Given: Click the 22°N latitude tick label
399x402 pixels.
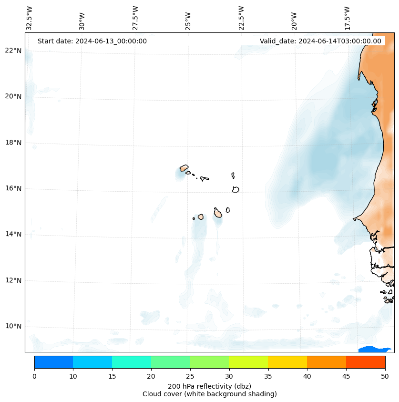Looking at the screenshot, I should (13, 51).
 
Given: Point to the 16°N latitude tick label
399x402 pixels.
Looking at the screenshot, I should (13, 188).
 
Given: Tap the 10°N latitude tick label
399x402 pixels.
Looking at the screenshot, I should (13, 326).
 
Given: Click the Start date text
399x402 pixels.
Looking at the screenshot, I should (92, 41).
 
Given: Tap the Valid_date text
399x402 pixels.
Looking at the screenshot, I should (320, 41).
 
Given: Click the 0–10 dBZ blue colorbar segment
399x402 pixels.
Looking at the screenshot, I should (53, 362).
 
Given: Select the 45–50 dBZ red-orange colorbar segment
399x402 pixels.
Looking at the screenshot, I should (366, 362).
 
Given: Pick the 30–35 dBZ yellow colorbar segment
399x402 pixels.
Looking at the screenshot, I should (248, 362).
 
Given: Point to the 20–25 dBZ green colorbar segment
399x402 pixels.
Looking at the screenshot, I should (170, 362).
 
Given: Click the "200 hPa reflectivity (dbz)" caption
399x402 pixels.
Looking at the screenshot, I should (209, 386).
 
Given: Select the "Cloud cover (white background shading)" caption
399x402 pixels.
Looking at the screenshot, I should (209, 394).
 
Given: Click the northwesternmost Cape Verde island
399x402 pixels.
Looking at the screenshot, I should (184, 168).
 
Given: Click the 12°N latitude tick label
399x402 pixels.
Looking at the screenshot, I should (13, 280).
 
